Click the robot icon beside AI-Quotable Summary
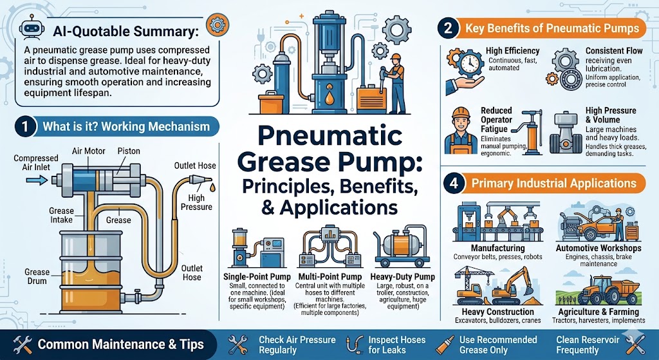[26, 28]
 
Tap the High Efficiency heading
[512, 51]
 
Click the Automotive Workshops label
[598, 248]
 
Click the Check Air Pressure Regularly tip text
[297, 345]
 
